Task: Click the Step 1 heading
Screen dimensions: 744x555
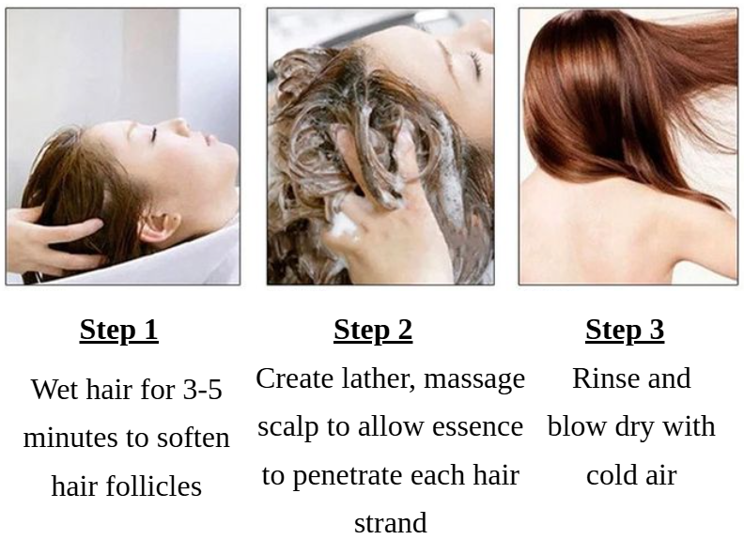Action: point(118,331)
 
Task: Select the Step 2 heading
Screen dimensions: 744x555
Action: point(373,331)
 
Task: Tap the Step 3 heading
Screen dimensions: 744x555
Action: point(625,331)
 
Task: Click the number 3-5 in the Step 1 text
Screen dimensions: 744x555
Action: point(202,390)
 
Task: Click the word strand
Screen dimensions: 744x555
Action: point(391,523)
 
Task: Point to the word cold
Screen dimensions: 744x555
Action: point(610,475)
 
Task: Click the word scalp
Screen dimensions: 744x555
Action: point(287,428)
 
